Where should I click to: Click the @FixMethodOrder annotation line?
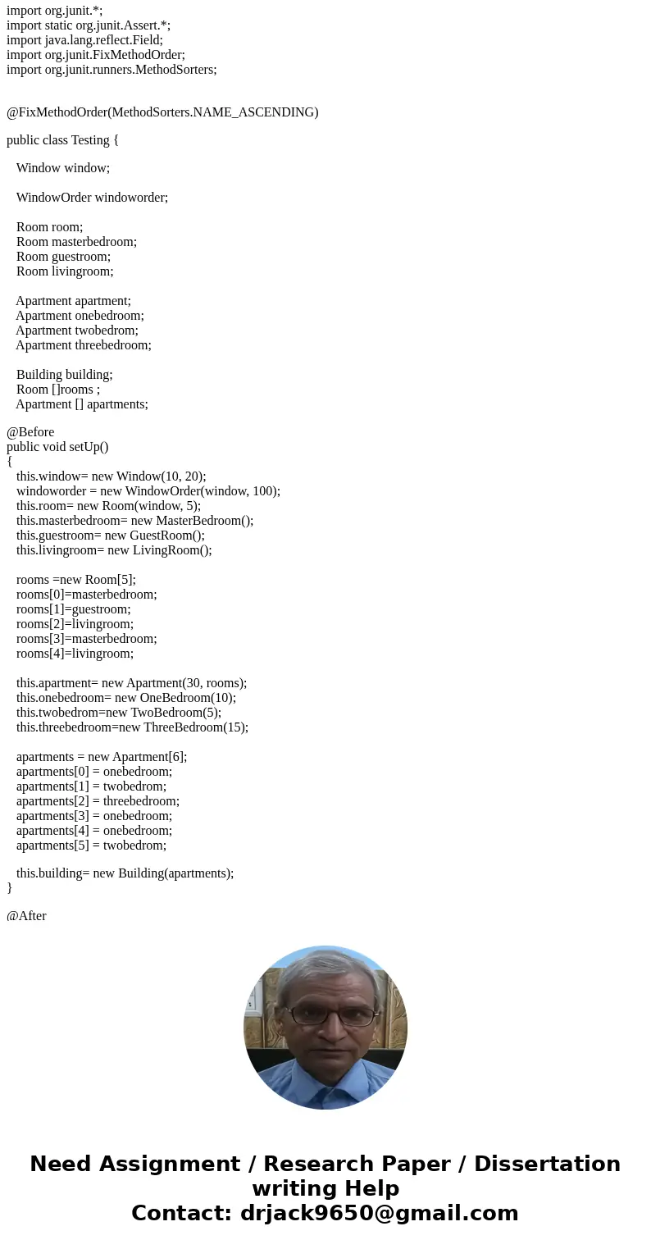tap(162, 112)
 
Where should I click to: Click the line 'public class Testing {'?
tap(63, 140)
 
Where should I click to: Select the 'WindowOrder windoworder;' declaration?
tap(92, 198)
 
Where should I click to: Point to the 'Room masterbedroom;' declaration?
tap(76, 242)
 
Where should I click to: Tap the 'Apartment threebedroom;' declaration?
tap(83, 345)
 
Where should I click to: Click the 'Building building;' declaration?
tap(64, 375)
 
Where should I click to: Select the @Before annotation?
tap(30, 432)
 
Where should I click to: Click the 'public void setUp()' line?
tap(57, 447)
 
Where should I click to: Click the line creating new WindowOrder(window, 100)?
tap(148, 491)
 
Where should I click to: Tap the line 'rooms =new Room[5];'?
tap(75, 580)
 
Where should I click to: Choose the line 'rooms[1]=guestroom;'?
tap(73, 609)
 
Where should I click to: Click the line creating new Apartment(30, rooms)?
tap(131, 683)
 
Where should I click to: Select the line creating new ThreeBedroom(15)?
tap(132, 727)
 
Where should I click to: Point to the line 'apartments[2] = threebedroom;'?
tap(98, 801)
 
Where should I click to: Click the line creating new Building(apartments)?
tap(125, 873)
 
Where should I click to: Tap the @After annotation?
tap(26, 916)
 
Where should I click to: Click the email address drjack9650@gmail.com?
tap(379, 1213)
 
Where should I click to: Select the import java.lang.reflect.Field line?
tap(84, 40)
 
